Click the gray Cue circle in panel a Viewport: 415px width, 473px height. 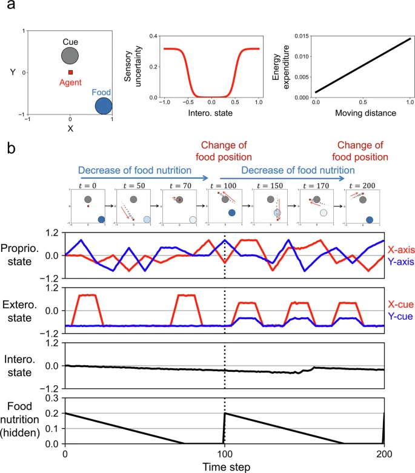70,56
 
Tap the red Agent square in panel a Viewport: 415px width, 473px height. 70,72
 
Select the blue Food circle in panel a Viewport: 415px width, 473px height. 104,106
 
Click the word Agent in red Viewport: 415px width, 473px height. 70,82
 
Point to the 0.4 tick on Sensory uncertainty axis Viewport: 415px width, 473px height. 153,36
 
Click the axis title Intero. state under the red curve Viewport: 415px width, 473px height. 210,113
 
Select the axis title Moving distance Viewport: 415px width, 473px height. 365,113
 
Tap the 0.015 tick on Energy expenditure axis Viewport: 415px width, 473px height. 302,36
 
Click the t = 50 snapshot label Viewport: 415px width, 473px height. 134,186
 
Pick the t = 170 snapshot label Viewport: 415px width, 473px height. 316,186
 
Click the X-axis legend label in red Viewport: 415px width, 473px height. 401,250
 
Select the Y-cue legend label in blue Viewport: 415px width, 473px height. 400,316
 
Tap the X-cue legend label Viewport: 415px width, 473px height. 400,305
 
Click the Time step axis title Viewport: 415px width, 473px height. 227,467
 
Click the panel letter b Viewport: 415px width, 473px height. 11,148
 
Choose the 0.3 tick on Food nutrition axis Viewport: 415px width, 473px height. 51,398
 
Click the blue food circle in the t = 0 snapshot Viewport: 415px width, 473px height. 101,219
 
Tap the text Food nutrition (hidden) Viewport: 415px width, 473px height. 20,419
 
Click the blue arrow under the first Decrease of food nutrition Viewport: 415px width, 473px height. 144,178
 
